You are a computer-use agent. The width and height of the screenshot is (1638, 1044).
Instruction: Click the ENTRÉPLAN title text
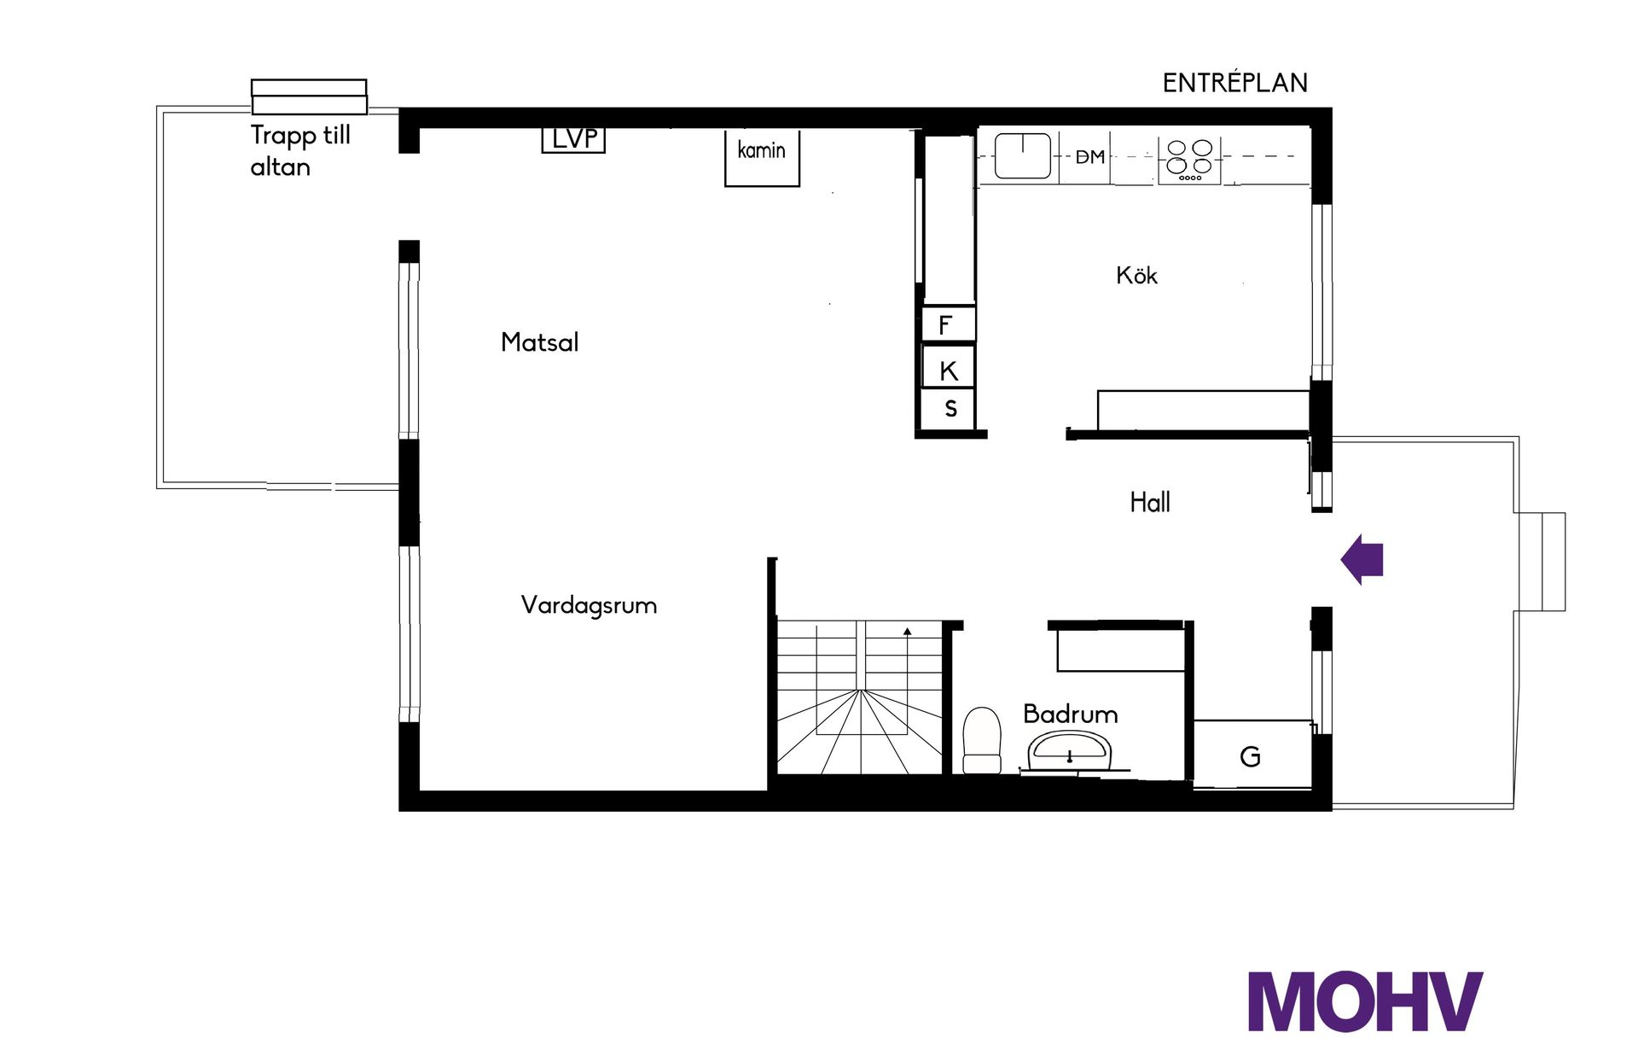[x=1235, y=82]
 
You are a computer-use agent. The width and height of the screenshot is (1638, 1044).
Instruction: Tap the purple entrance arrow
[x=1362, y=559]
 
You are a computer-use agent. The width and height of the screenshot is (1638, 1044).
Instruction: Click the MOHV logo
[x=1365, y=1000]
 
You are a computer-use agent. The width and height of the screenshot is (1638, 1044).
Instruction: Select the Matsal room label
[x=539, y=342]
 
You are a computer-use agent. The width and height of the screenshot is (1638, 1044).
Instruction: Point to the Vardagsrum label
[x=589, y=606]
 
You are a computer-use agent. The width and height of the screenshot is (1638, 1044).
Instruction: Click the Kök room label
[x=1136, y=275]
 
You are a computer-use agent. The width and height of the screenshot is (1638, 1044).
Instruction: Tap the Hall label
[x=1150, y=502]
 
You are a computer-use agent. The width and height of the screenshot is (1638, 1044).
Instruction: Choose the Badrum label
[x=1071, y=714]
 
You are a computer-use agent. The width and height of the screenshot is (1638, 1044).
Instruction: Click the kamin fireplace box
[x=762, y=158]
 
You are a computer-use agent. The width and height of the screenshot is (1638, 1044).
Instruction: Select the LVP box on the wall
[x=573, y=139]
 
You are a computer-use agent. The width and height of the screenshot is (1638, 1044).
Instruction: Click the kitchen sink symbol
[x=1023, y=156]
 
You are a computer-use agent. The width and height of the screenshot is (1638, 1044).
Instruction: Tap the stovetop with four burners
[x=1189, y=160]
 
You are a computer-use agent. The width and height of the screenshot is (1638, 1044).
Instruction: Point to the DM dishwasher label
[x=1089, y=157]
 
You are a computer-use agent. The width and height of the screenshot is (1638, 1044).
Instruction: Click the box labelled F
[x=948, y=324]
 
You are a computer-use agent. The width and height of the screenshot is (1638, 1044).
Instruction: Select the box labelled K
[x=948, y=368]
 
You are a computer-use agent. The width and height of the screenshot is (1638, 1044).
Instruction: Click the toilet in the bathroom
[x=981, y=740]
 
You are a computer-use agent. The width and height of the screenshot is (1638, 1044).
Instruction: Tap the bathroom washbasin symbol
[x=1070, y=751]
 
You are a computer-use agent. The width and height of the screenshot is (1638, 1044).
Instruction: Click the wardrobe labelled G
[x=1252, y=755]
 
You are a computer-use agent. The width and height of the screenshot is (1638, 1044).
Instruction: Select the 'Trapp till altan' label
[x=300, y=150]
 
